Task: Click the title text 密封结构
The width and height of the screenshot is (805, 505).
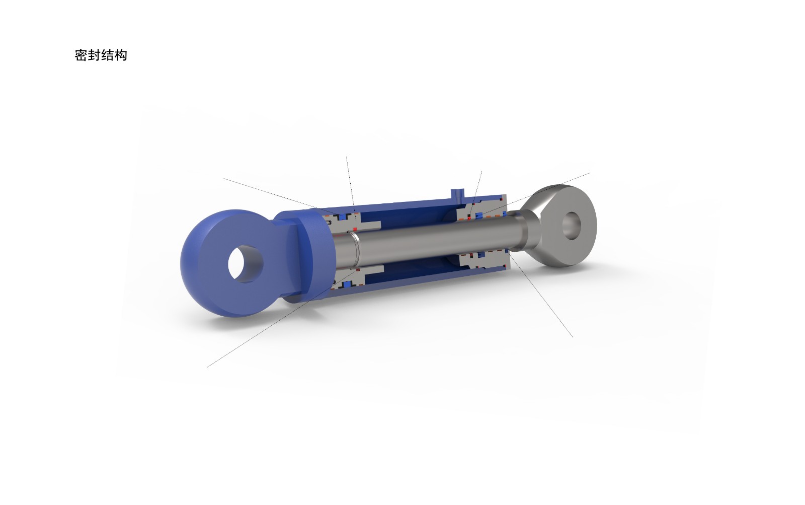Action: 101,55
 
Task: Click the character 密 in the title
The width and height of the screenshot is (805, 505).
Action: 81,55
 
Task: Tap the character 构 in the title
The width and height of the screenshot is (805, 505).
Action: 121,55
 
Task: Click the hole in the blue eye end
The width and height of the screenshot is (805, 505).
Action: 246,264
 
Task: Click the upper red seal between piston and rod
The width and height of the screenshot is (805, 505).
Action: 355,229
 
